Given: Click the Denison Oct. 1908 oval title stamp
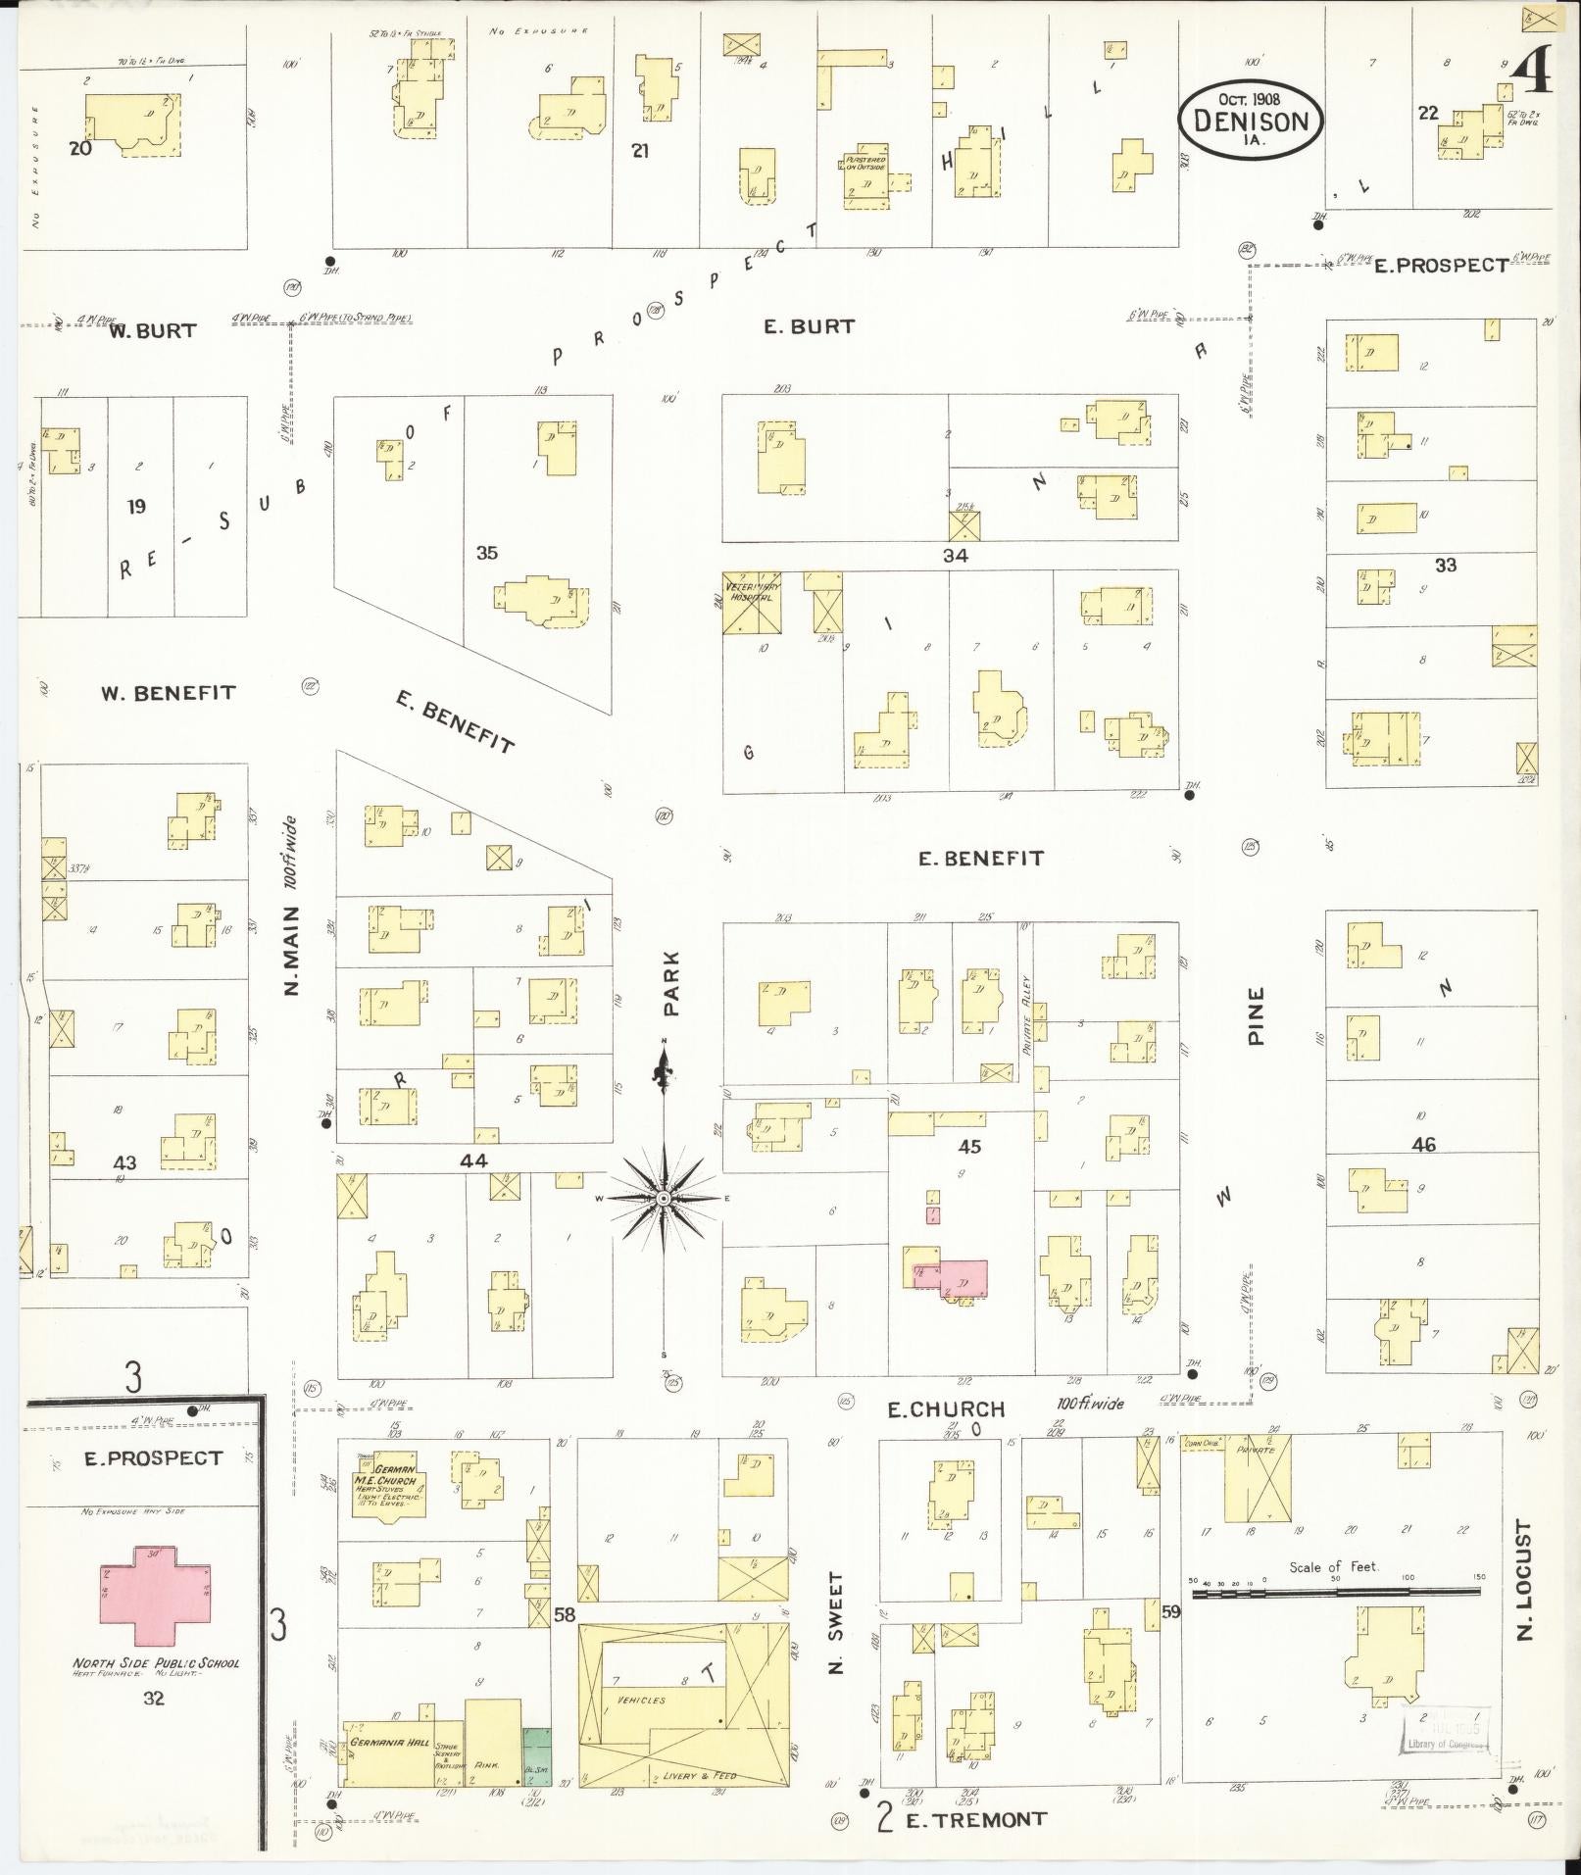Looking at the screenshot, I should click(1250, 119).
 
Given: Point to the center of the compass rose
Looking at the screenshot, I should click(664, 1198).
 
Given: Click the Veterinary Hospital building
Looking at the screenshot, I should click(752, 602).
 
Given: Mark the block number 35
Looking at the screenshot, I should click(486, 553).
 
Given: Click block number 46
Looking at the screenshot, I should click(1423, 1144).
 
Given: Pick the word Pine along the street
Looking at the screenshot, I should click(1257, 1015).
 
